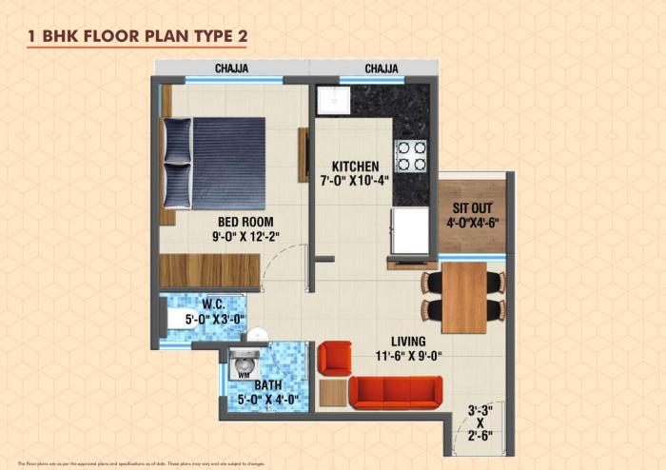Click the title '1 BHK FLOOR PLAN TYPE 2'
[139, 35]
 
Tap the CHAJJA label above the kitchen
[381, 68]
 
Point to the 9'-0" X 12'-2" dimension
[246, 241]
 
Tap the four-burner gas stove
[410, 156]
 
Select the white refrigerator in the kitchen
[411, 231]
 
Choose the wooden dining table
[463, 297]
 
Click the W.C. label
[213, 305]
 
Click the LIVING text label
[407, 341]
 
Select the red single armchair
[334, 359]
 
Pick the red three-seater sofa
[395, 391]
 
